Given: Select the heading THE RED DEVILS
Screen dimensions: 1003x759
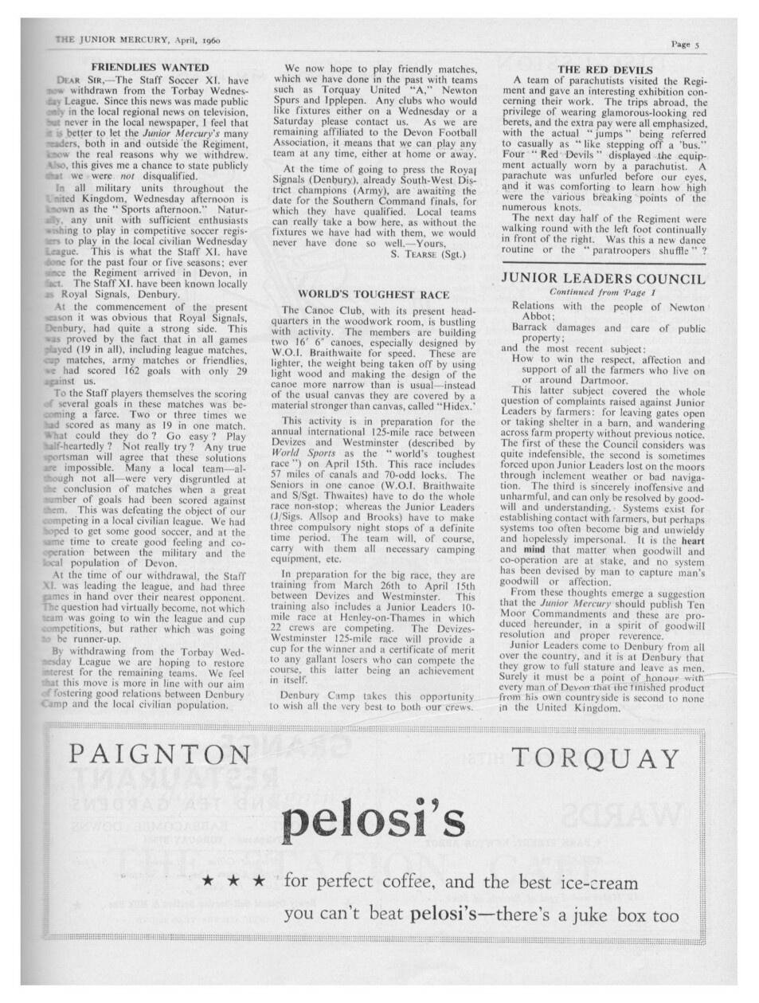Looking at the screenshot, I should click(x=605, y=69).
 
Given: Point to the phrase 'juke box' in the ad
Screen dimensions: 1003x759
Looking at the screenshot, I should click(x=612, y=915).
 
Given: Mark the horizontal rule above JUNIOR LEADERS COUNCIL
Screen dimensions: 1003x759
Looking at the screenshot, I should click(x=604, y=261).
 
